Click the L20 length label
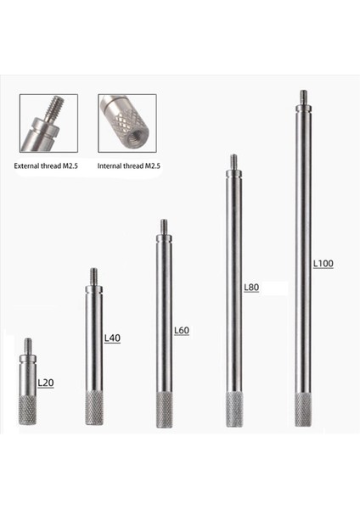pyautogui.click(x=46, y=383)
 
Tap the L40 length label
pyautogui.click(x=112, y=338)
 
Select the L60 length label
pyautogui.click(x=180, y=329)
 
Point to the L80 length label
pyautogui.click(x=250, y=288)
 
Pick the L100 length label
pyautogui.click(x=323, y=264)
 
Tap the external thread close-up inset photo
pyautogui.click(x=48, y=122)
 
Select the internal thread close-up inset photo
pyautogui.click(x=127, y=122)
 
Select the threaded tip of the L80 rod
pyautogui.click(x=233, y=160)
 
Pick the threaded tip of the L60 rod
pyautogui.click(x=164, y=227)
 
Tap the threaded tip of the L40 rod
pyautogui.click(x=93, y=276)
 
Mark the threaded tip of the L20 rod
pyautogui.click(x=28, y=344)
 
